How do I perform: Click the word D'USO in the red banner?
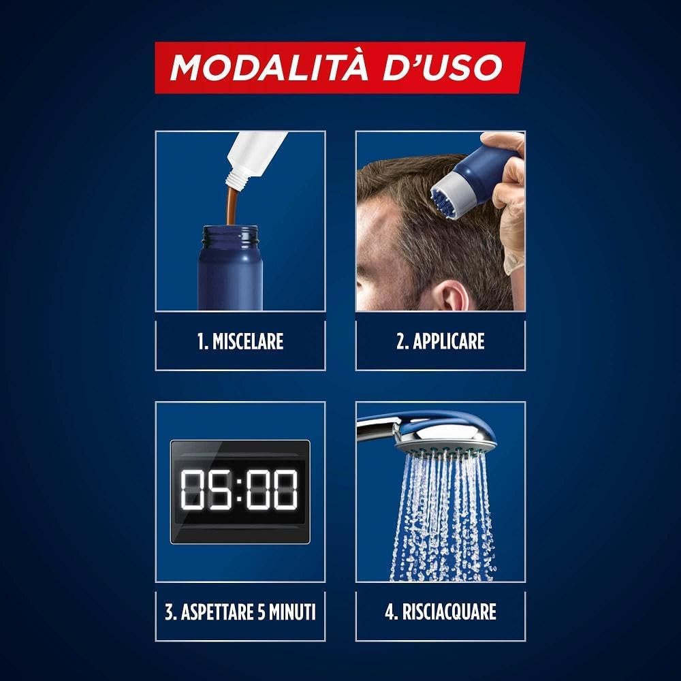[442, 67]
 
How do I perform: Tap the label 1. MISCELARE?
[240, 341]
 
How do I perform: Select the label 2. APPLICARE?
[441, 341]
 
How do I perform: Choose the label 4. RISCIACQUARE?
[441, 612]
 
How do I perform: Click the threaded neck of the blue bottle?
[230, 237]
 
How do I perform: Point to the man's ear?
[450, 296]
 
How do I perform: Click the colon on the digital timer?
[239, 490]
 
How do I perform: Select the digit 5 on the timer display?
[220, 490]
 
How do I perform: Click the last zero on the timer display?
[285, 490]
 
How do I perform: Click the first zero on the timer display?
[193, 490]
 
